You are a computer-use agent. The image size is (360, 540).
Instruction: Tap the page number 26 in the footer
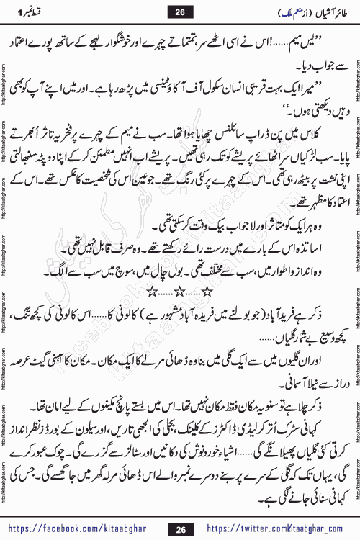[x=180, y=529]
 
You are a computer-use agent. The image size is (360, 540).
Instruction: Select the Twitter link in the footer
[x=282, y=529]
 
